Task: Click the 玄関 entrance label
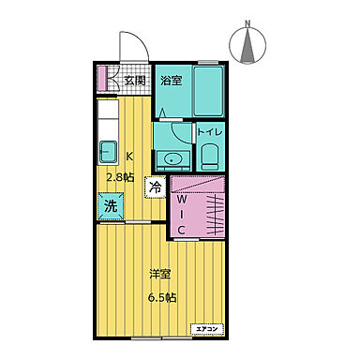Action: pyautogui.click(x=135, y=81)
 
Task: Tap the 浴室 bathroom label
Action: pyautogui.click(x=172, y=81)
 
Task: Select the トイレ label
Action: pyautogui.click(x=211, y=132)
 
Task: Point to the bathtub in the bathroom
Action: pyautogui.click(x=208, y=91)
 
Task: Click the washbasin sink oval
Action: pyautogui.click(x=172, y=160)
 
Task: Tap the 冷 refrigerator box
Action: pyautogui.click(x=155, y=187)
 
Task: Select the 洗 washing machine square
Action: pyautogui.click(x=111, y=206)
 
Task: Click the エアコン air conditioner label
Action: pyautogui.click(x=207, y=329)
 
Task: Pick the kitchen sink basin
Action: pyautogui.click(x=108, y=152)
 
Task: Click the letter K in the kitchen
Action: pyautogui.click(x=129, y=156)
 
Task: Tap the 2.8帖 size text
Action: pyautogui.click(x=121, y=177)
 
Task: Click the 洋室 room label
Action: pyautogui.click(x=159, y=275)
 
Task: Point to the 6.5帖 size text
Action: pyautogui.click(x=162, y=298)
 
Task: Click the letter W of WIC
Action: pyautogui.click(x=182, y=199)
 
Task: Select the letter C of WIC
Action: pyautogui.click(x=181, y=231)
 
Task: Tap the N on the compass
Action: pyautogui.click(x=247, y=23)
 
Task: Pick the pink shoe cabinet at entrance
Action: pyautogui.click(x=102, y=78)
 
